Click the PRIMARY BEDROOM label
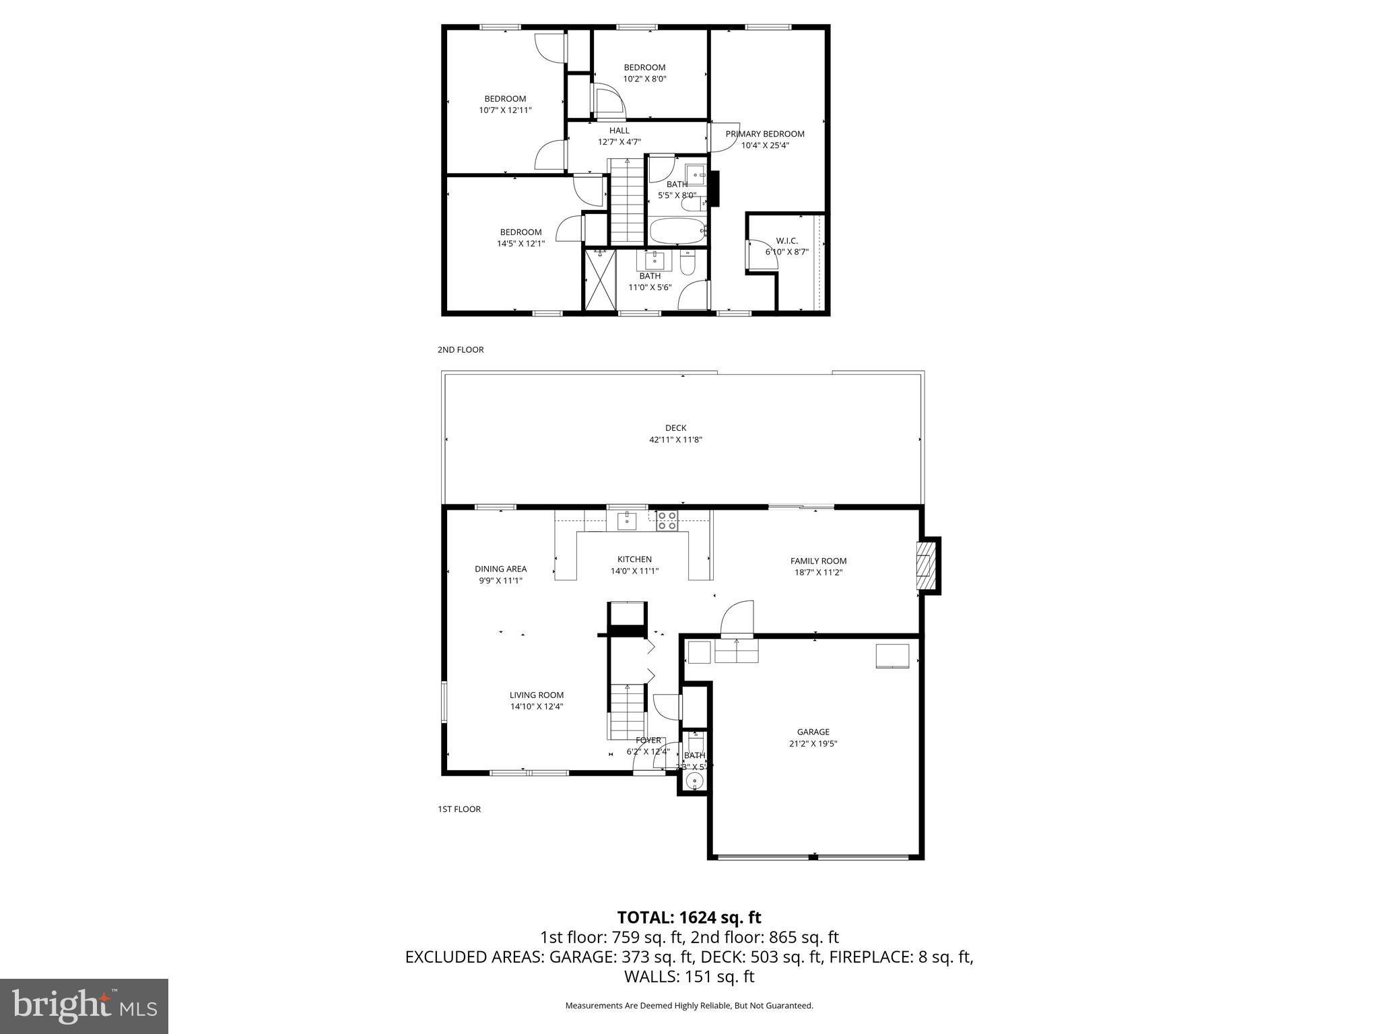point(764,134)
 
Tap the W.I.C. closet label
point(786,241)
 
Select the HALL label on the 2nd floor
point(619,131)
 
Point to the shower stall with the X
point(599,279)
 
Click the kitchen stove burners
point(667,521)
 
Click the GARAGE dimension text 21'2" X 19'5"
point(813,744)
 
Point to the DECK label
point(675,427)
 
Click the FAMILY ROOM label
point(818,561)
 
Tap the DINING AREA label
point(500,569)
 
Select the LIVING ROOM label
point(536,695)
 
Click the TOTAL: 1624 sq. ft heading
point(689,918)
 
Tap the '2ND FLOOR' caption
point(461,350)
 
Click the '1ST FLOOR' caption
point(459,809)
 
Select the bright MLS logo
point(84,1006)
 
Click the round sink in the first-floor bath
point(694,781)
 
